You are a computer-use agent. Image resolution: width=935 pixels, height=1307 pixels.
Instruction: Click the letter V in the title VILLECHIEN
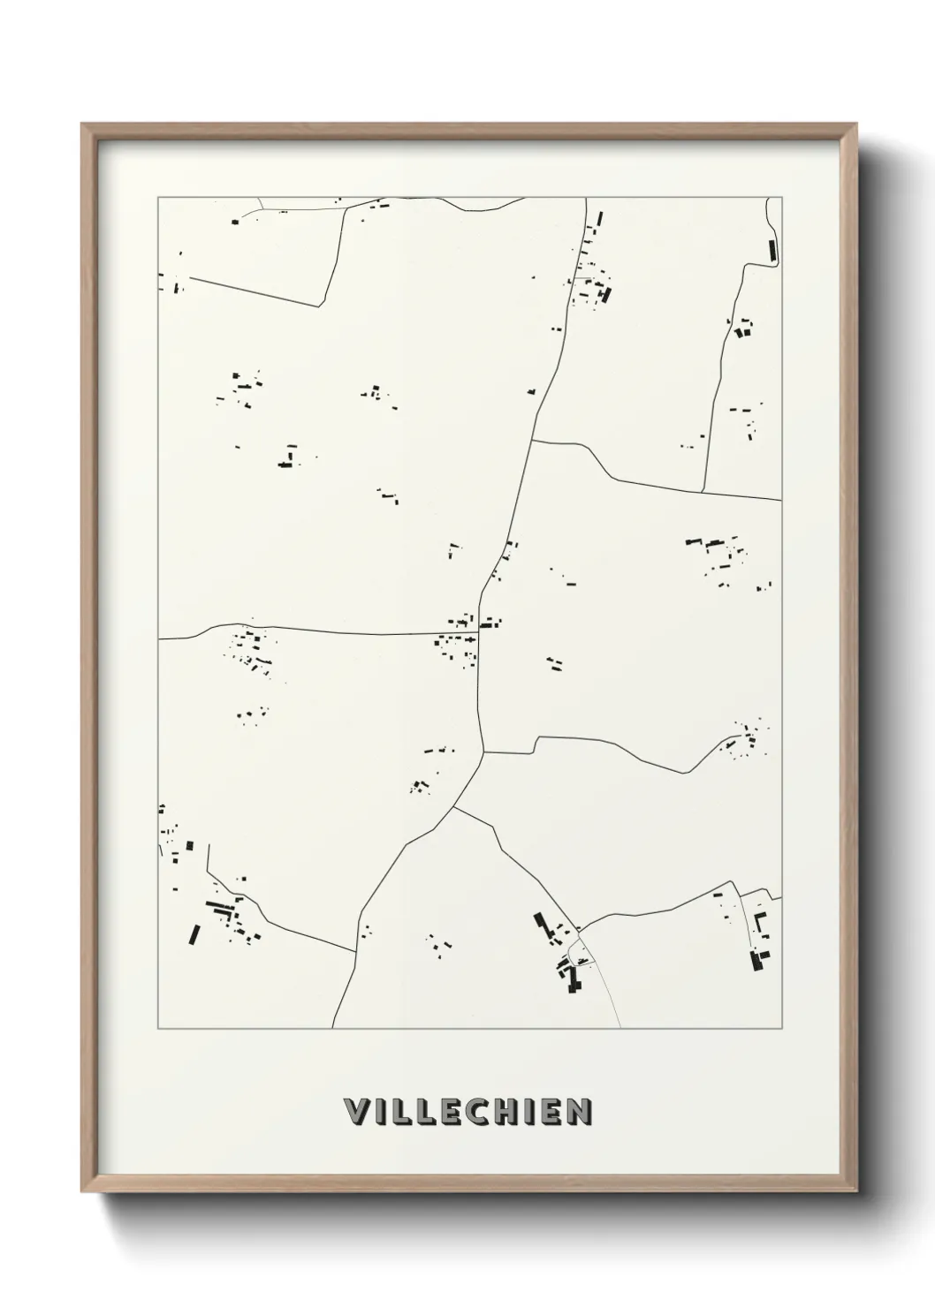tap(355, 1112)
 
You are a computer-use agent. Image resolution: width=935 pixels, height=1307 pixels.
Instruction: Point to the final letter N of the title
tap(578, 1112)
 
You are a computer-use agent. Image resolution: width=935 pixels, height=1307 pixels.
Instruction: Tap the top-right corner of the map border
tap(781, 198)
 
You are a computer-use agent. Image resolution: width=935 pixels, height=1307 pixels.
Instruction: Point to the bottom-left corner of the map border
tap(158, 1029)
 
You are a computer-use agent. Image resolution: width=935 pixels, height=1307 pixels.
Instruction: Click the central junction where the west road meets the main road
tap(479, 632)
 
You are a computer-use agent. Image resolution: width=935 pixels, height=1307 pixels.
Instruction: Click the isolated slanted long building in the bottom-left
tap(194, 933)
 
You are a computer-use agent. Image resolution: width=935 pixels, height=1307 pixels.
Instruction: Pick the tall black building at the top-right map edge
tap(772, 250)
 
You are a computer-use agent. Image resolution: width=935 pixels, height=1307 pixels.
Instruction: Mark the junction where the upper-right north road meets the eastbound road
tap(703, 491)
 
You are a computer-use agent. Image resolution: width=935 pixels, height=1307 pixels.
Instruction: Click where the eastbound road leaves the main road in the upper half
tap(533, 440)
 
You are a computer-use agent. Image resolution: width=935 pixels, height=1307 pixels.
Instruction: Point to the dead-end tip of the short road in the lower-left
tap(209, 845)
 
